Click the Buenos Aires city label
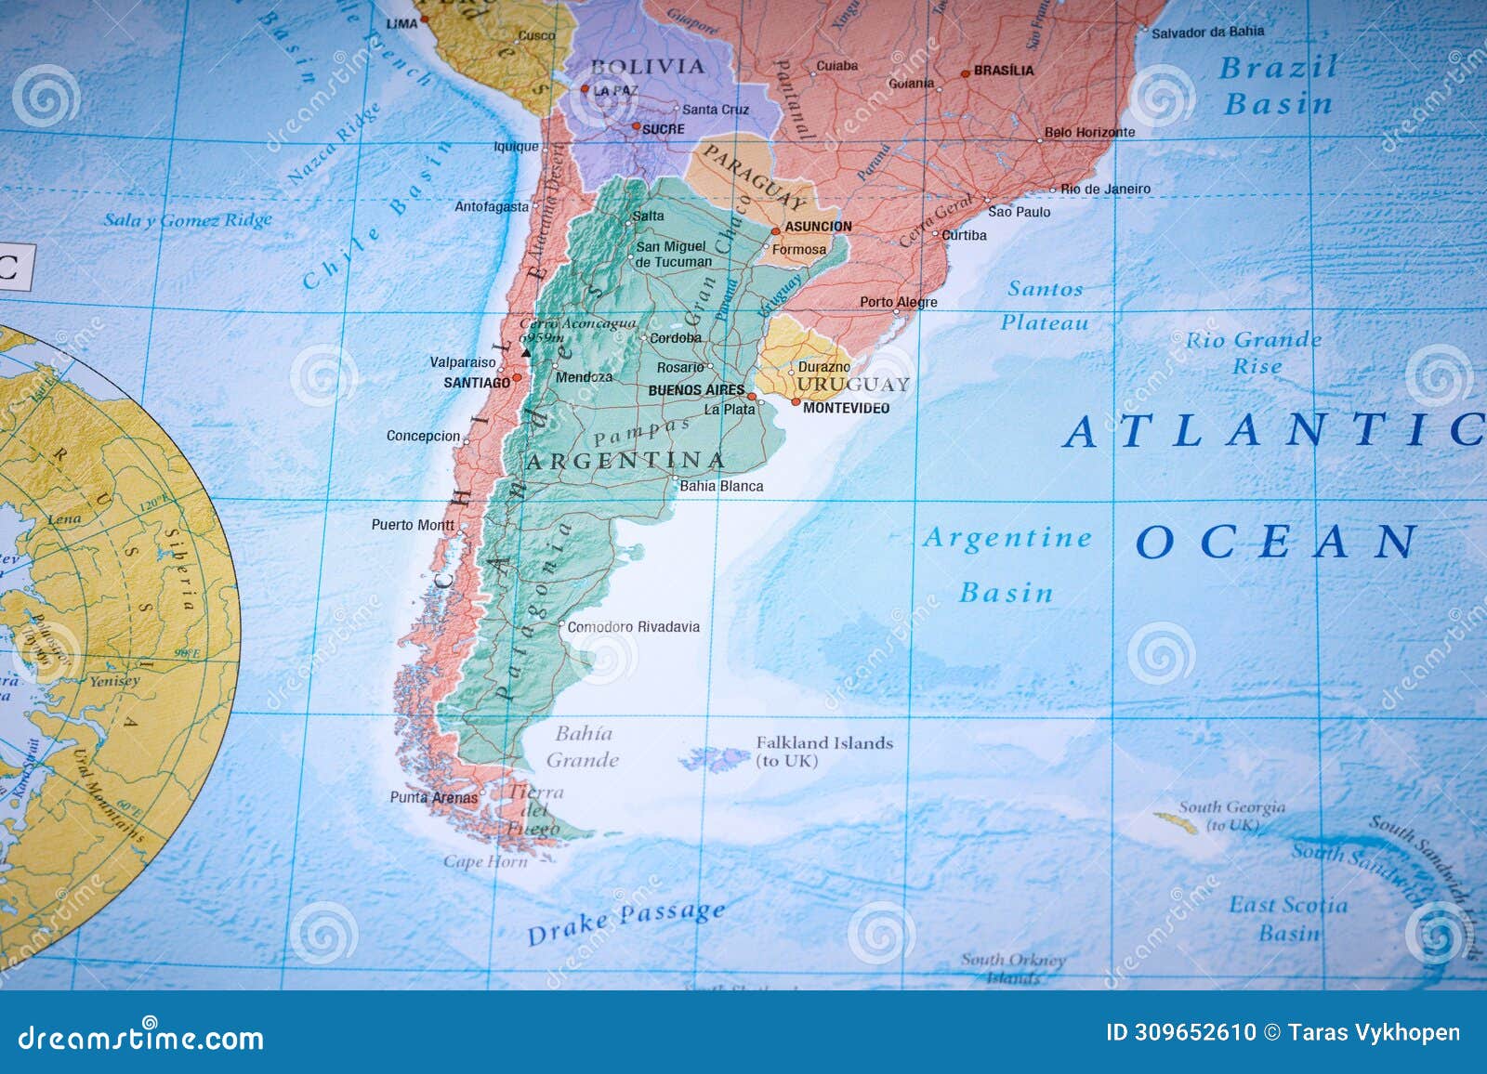pyautogui.click(x=696, y=390)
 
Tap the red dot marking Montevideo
pyautogui.click(x=796, y=402)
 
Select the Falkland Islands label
pyautogui.click(x=823, y=751)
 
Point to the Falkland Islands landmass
pyautogui.click(x=717, y=759)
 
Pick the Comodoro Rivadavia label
pyautogui.click(x=634, y=627)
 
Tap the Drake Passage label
pyautogui.click(x=625, y=921)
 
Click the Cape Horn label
pyautogui.click(x=485, y=861)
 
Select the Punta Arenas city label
pyautogui.click(x=433, y=797)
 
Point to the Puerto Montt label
pyautogui.click(x=413, y=525)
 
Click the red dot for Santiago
pyautogui.click(x=517, y=377)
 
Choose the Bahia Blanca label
pyautogui.click(x=721, y=486)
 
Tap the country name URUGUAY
pyautogui.click(x=852, y=385)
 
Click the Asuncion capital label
pyautogui.click(x=818, y=226)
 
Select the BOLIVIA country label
pyautogui.click(x=648, y=66)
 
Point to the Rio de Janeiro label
pyautogui.click(x=1106, y=189)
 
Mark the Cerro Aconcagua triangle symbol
pyautogui.click(x=526, y=353)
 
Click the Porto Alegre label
pyautogui.click(x=898, y=302)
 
